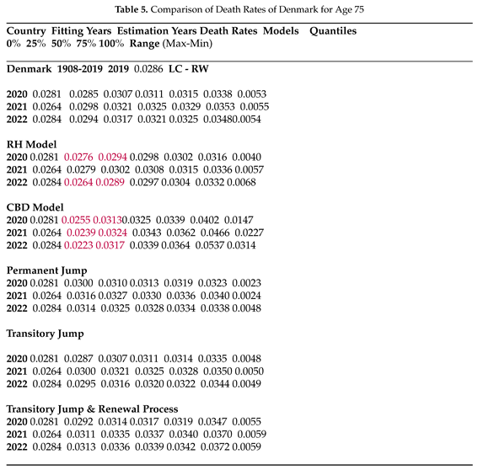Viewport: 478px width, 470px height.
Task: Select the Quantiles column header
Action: click(332, 31)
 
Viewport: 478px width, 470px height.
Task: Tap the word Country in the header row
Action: click(25, 31)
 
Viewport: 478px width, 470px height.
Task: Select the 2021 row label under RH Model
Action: click(16, 170)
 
